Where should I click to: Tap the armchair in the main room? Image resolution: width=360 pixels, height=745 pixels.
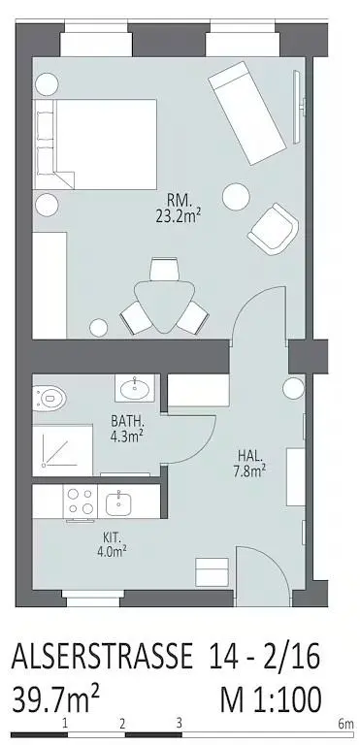(272, 229)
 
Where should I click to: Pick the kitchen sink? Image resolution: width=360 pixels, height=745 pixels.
(123, 502)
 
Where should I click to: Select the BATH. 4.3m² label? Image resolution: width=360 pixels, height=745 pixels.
(127, 429)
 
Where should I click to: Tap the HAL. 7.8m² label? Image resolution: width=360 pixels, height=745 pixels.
(250, 462)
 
